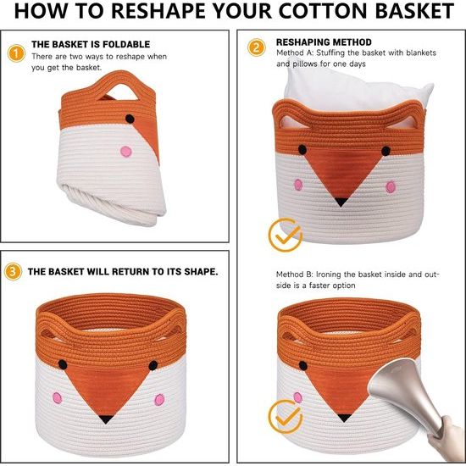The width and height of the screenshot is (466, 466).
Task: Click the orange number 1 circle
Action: click(16, 53)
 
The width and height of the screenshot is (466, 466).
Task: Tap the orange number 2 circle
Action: click(256, 47)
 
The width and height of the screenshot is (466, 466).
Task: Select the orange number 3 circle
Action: click(13, 271)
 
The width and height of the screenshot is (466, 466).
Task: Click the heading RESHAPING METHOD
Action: click(324, 42)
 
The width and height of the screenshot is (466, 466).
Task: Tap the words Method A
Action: click(294, 53)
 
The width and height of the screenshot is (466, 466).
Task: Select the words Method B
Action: click(294, 275)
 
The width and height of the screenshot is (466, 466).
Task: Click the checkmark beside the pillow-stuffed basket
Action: click(286, 235)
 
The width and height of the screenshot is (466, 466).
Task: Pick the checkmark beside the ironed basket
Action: click(286, 416)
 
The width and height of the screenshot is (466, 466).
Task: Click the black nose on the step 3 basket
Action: click(106, 419)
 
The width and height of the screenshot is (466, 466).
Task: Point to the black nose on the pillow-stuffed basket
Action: click(341, 202)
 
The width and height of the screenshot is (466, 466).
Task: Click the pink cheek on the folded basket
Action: click(126, 152)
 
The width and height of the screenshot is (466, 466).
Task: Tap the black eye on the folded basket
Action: click(130, 119)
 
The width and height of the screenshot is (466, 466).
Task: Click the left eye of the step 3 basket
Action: click(63, 364)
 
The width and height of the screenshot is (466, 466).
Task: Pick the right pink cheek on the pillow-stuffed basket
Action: click(391, 187)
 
